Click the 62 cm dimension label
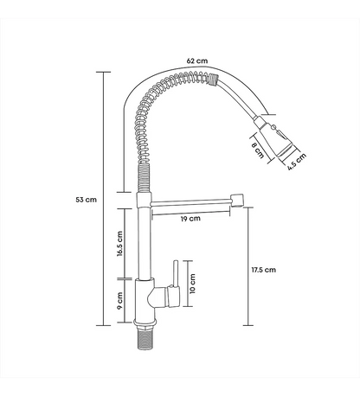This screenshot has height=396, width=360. pos(197,61)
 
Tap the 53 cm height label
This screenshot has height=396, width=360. pos(87,200)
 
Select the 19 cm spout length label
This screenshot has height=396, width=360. pos(190,219)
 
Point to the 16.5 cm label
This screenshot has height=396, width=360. pos(120,244)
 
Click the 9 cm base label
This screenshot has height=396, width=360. pos(120,301)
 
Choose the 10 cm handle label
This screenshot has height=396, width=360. pos(192,284)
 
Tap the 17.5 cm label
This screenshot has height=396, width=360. pos(263,270)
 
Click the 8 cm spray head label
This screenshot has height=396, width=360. pos(258,150)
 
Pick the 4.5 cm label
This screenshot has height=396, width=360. pos(297,162)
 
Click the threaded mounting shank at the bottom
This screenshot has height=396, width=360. pos(145,339)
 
